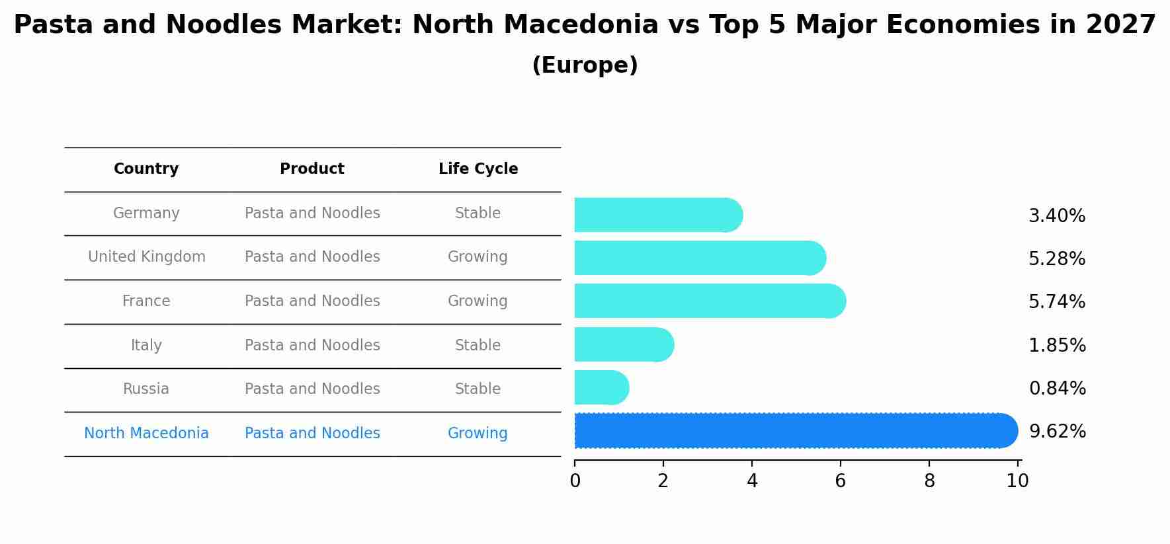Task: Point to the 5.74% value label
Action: point(1056,302)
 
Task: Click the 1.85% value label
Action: point(1056,346)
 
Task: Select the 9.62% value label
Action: point(1057,432)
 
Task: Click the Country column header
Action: point(146,169)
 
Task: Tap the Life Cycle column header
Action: point(478,169)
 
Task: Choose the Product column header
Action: point(312,169)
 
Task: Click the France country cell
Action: point(146,301)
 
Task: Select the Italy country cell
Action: point(146,346)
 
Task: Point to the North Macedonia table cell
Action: point(146,434)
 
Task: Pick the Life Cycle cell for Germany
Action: point(478,214)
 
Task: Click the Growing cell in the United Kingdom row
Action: point(478,257)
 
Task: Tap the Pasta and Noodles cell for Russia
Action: point(312,389)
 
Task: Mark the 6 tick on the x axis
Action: point(840,481)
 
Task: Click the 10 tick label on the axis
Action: point(1017,481)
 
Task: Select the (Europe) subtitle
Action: point(585,65)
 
